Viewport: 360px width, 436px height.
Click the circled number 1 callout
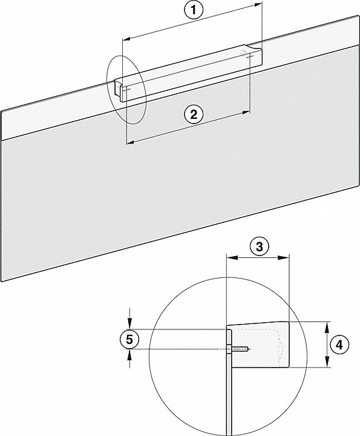(194, 10)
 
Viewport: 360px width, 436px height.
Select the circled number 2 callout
(194, 114)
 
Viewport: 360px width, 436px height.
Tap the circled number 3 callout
(259, 246)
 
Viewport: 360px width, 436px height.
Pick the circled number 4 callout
(339, 345)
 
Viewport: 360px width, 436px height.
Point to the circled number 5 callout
(129, 340)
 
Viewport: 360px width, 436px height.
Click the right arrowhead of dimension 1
(258, 4)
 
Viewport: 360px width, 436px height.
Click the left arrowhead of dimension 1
(126, 39)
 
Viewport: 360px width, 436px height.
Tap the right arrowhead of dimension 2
(246, 113)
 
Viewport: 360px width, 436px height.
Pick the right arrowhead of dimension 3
(284, 258)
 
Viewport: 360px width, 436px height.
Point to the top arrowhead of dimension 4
(327, 327)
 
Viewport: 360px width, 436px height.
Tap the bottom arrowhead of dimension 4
(327, 362)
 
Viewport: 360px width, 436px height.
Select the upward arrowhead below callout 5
(129, 354)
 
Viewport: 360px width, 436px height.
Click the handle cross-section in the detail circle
(258, 344)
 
